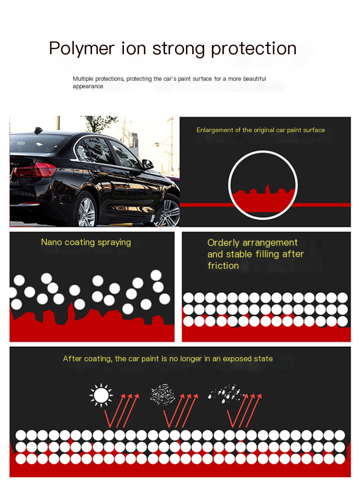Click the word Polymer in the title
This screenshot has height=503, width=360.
[82, 49]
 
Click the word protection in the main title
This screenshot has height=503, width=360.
[254, 49]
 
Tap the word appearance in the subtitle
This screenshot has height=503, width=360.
[88, 87]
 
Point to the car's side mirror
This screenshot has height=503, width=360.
[148, 164]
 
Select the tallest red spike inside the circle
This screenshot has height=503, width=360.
[267, 189]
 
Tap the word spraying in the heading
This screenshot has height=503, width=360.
[114, 242]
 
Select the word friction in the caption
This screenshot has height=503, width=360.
[223, 266]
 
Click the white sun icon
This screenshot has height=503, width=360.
[101, 395]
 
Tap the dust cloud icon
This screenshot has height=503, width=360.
[163, 394]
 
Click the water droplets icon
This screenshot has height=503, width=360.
[226, 393]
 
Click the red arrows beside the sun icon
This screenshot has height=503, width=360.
[122, 411]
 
